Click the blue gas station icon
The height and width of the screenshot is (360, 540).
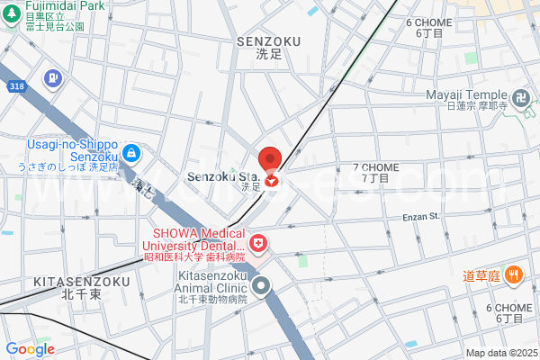[x=53, y=79]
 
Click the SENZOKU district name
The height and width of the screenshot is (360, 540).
[x=267, y=41]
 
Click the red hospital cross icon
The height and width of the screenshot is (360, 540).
[x=258, y=243]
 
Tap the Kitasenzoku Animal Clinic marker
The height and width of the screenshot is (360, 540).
[x=262, y=286]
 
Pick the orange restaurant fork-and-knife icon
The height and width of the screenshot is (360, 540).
[x=514, y=274]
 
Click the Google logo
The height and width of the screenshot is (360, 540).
[x=30, y=349]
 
